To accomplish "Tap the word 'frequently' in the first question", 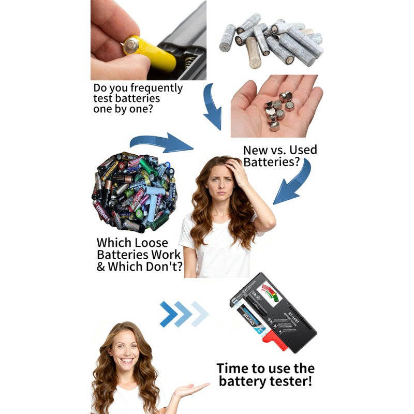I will coord(157,88).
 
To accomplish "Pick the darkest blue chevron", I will coord(168,314).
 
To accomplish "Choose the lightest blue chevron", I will coord(200,314).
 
